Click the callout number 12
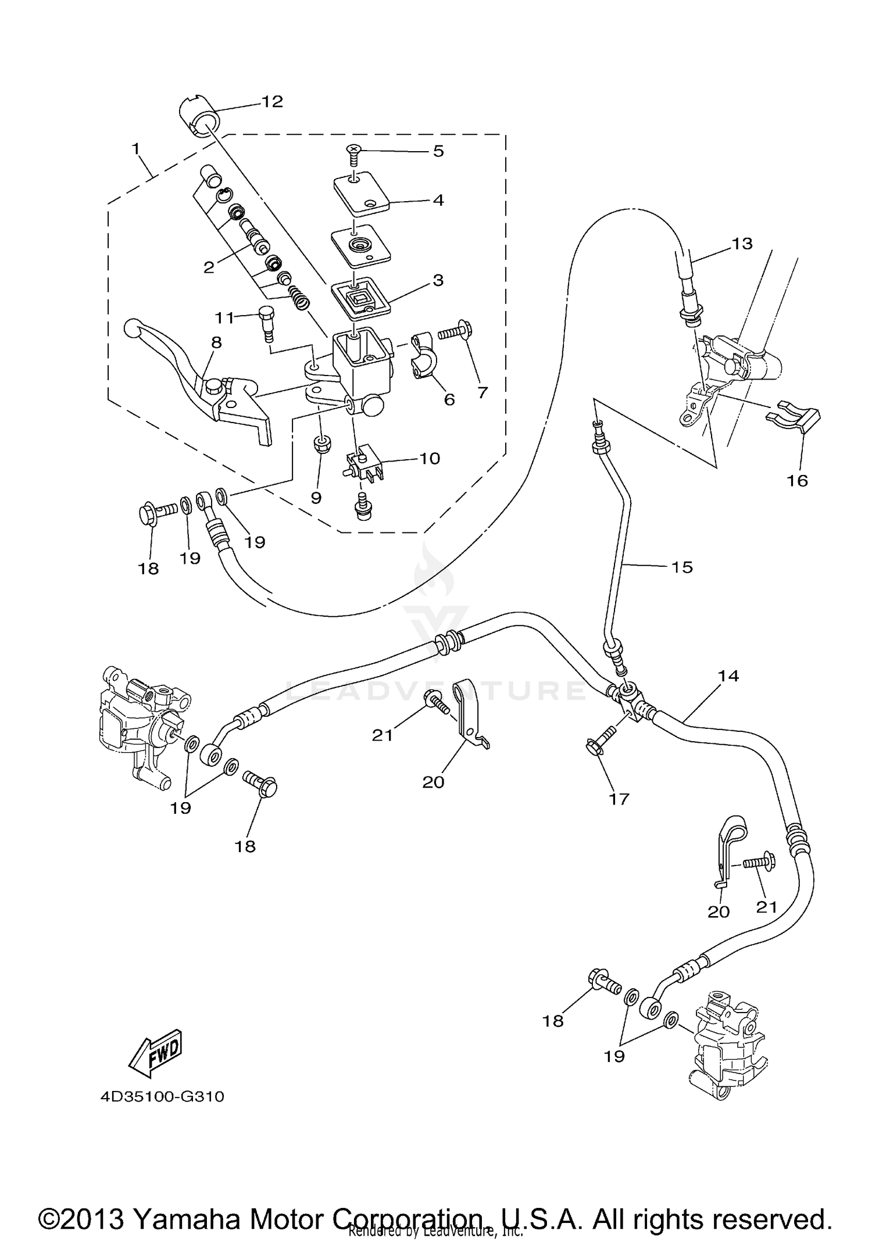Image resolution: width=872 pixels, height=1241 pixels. pyautogui.click(x=271, y=102)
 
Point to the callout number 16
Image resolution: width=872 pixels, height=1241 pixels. pyautogui.click(x=798, y=481)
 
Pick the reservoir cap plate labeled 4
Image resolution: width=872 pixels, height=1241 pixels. pyautogui.click(x=360, y=193)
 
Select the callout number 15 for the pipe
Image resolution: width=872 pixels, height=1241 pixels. pyautogui.click(x=682, y=567)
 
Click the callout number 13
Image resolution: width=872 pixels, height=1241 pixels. pyautogui.click(x=742, y=244)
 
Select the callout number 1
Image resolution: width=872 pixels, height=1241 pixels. pyautogui.click(x=135, y=149)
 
